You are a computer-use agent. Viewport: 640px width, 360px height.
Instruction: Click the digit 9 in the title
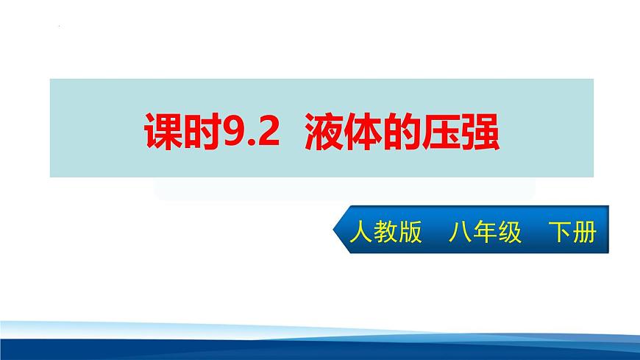click(x=232, y=130)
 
